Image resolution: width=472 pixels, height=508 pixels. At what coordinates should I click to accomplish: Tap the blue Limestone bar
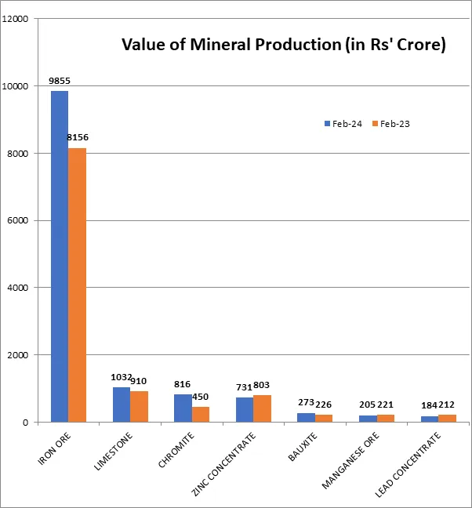point(122,405)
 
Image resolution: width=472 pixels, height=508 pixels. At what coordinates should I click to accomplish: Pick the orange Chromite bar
point(201,414)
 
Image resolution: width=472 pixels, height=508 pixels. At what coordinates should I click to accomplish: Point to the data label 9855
point(60,81)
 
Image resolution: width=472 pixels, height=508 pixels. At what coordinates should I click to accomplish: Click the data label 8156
point(78,138)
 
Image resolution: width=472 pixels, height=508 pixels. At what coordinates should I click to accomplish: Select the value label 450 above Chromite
point(201,397)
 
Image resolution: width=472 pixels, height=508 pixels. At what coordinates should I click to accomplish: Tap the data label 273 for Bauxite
point(306,403)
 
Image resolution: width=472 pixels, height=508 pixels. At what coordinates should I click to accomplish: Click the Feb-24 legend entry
point(343,124)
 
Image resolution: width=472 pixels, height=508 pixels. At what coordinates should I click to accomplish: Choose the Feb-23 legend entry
point(391,124)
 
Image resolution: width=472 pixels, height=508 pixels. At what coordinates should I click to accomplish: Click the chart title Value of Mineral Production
point(283,45)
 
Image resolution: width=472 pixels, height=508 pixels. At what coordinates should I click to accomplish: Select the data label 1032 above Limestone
point(120,378)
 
